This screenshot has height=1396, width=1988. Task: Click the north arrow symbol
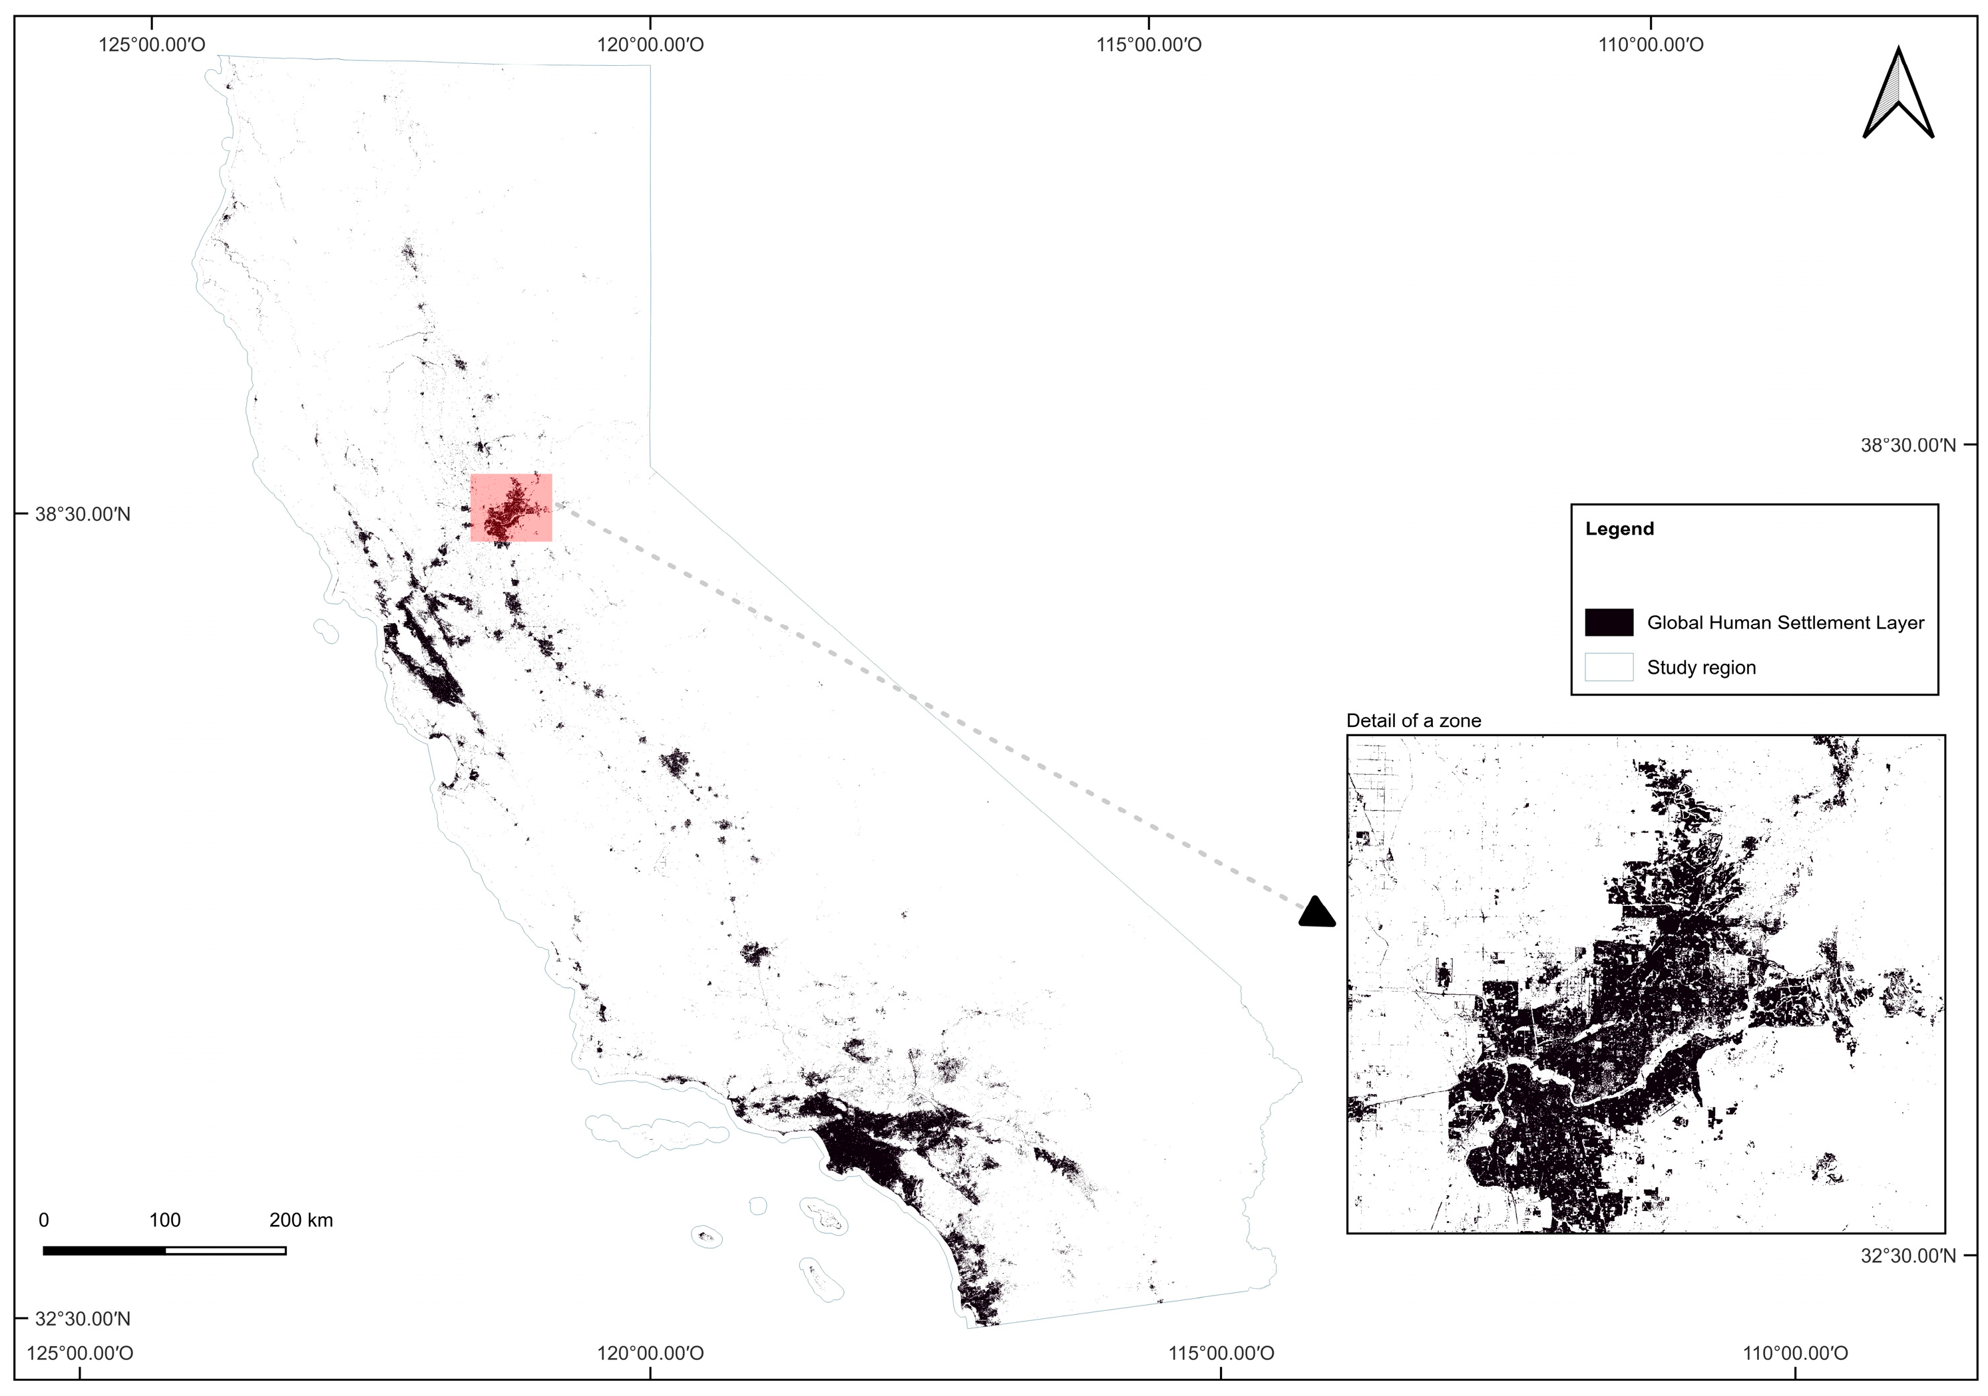[x=1898, y=95]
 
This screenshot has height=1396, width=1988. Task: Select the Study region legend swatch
[x=1608, y=667]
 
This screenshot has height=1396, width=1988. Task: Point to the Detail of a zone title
[x=1412, y=721]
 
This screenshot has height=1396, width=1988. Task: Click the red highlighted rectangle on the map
[x=511, y=507]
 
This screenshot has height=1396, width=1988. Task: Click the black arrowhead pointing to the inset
[x=1317, y=913]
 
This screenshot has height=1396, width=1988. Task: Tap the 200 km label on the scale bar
[x=300, y=1220]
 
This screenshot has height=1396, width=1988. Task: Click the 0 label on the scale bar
[x=44, y=1220]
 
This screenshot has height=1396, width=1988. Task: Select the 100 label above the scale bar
[x=164, y=1220]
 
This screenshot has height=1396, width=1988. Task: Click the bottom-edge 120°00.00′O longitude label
[x=650, y=1353]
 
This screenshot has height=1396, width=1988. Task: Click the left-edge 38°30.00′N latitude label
[x=83, y=514]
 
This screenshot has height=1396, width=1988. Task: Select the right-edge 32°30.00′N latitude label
[x=1907, y=1256]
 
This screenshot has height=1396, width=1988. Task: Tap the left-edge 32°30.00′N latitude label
[x=83, y=1319]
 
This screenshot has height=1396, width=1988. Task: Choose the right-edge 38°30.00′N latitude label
[x=1907, y=446]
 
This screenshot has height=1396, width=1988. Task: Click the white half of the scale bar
[x=225, y=1250]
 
